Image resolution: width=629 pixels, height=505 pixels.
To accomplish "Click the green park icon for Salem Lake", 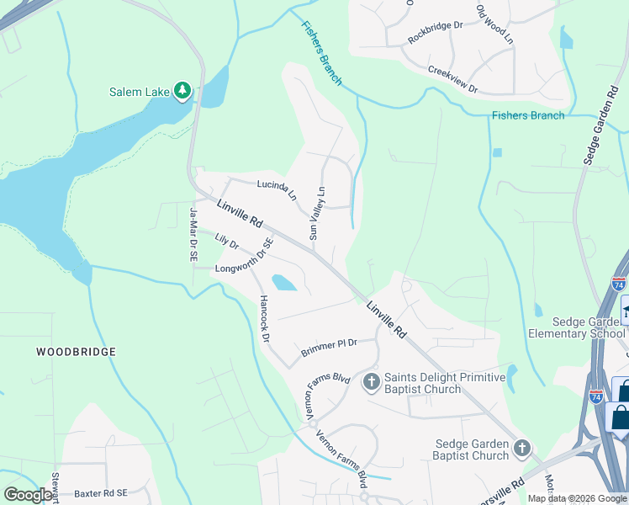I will [182, 91].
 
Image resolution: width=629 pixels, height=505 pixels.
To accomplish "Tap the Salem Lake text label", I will [140, 92].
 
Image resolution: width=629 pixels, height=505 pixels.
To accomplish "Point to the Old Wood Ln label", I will [494, 25].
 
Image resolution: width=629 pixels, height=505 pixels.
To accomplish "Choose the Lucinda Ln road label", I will [277, 189].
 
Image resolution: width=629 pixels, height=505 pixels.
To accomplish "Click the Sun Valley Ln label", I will [317, 213].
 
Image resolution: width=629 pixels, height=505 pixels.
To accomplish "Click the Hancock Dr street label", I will [264, 318].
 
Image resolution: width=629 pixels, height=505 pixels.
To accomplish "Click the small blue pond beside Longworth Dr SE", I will [283, 282].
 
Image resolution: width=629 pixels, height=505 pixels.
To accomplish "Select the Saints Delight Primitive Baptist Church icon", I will [371, 382].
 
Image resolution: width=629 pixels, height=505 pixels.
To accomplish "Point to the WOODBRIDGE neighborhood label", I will [76, 352].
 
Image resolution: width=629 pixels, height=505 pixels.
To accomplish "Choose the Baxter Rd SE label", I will [98, 492].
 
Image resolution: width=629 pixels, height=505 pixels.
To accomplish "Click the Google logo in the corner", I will [28, 495].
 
